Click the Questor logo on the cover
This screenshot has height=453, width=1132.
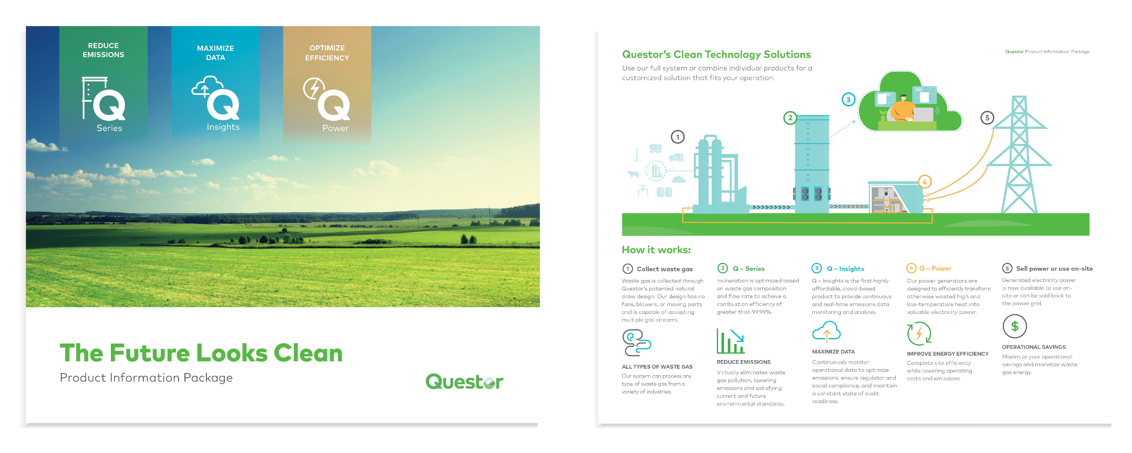(465, 381)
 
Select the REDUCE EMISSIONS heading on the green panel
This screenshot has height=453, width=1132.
(103, 50)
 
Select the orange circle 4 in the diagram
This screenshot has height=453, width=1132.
(925, 182)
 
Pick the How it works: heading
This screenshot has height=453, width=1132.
(656, 250)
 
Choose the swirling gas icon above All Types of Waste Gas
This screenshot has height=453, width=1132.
(636, 343)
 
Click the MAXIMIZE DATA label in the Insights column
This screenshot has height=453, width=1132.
(833, 352)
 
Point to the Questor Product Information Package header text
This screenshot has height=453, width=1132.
(1047, 51)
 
